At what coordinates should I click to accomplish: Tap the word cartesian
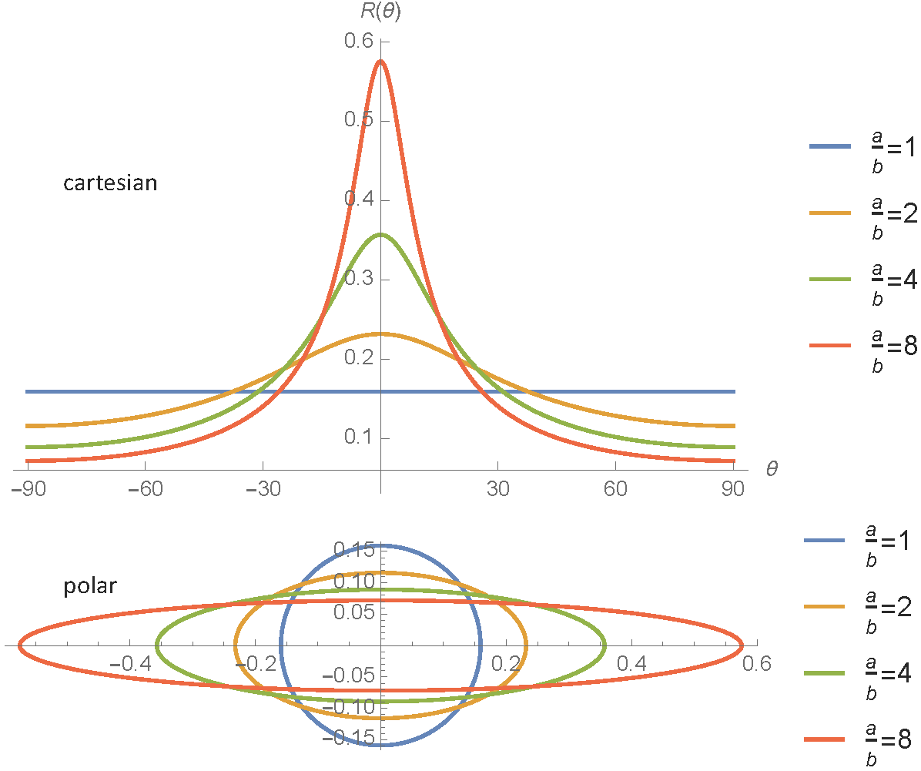coord(110,183)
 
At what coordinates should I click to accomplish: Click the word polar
coord(89,586)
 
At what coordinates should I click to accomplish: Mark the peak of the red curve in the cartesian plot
coord(380,61)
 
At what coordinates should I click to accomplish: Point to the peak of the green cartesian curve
coord(380,234)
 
